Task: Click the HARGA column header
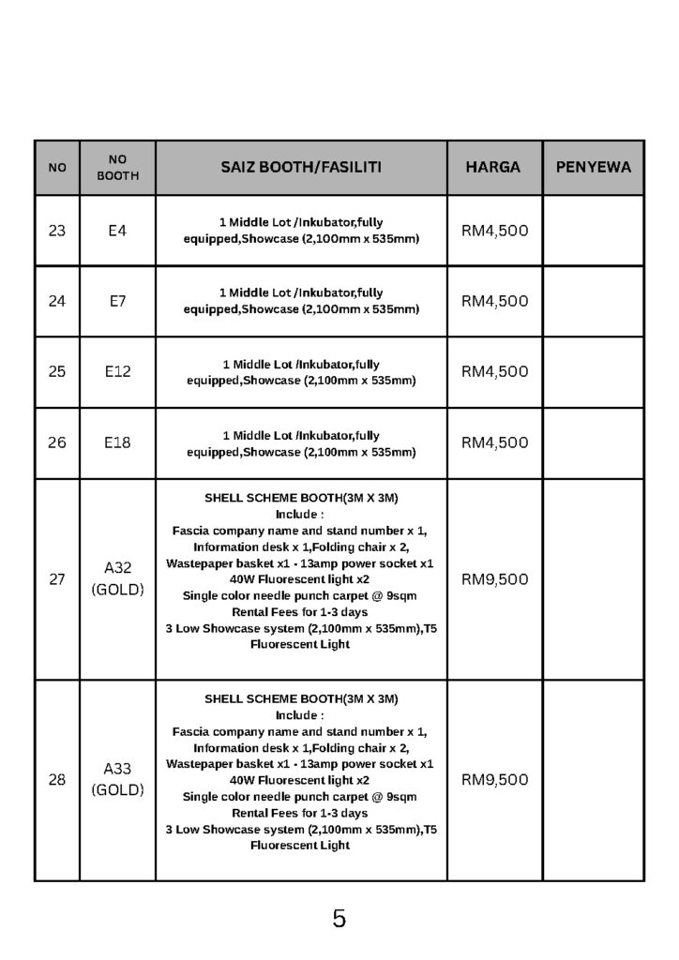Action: [493, 168]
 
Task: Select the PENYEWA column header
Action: [594, 168]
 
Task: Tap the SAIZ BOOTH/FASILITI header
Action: [301, 168]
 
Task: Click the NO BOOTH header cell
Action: [117, 168]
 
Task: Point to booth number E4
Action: [117, 231]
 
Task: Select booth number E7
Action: [117, 301]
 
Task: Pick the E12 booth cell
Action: [117, 371]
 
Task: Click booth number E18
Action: [117, 442]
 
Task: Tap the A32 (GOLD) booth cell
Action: [117, 578]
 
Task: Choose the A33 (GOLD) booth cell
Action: [117, 779]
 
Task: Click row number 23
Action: [57, 231]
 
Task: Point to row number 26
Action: [57, 442]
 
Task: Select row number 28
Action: [57, 779]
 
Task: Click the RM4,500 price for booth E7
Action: [494, 301]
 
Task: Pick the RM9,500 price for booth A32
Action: [494, 578]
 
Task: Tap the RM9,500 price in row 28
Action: [494, 779]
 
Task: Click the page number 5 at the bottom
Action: [339, 919]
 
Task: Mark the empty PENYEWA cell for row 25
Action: [594, 371]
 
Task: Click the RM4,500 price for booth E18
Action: [494, 442]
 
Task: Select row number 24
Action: [57, 301]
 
